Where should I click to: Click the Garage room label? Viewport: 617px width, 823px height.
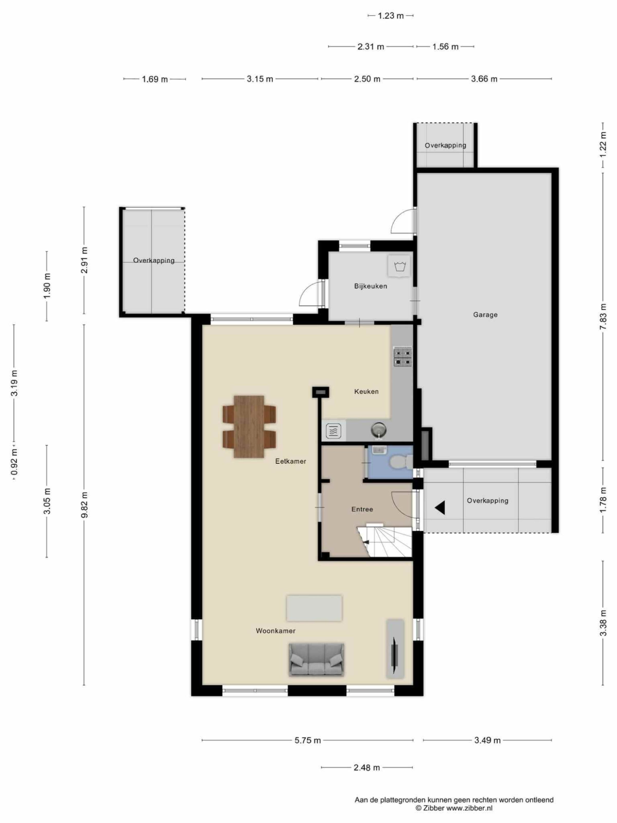tap(485, 315)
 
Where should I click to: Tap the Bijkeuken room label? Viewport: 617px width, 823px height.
tap(370, 286)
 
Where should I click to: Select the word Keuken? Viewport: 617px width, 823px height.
tap(366, 391)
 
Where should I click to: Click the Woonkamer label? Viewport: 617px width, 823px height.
tap(276, 631)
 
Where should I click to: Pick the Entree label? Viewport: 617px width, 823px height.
tap(362, 509)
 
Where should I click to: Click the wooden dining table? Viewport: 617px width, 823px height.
tap(249, 426)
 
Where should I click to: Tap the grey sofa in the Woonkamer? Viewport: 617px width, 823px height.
tap(316, 660)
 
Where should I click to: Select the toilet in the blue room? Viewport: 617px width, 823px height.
tap(401, 462)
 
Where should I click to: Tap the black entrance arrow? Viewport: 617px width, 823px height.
tap(440, 507)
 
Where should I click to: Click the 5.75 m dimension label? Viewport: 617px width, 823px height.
tap(307, 740)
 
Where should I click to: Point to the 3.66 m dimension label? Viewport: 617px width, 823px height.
tap(484, 79)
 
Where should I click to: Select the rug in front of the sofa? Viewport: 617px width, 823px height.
tap(314, 608)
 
